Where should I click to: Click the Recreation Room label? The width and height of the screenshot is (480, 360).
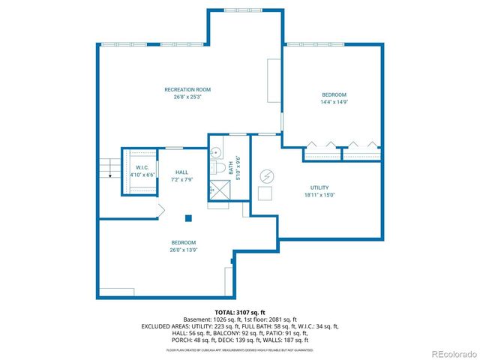point(187,89)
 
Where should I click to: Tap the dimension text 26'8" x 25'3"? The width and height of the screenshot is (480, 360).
point(187,97)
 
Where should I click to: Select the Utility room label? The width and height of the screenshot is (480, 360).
point(319,187)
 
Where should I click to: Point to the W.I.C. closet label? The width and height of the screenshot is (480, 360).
point(141,167)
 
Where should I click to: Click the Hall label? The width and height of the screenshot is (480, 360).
point(181,172)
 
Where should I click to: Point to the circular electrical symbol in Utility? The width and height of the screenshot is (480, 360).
point(267,175)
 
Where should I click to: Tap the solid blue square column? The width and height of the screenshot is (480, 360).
point(189,218)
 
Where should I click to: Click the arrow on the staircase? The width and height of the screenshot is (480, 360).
point(109,175)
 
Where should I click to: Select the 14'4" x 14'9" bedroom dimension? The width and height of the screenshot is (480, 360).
point(334,102)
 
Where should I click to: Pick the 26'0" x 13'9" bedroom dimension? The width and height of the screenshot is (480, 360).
point(184,250)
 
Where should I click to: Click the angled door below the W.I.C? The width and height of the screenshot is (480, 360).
point(159,211)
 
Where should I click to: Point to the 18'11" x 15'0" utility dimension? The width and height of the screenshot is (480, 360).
point(319,195)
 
